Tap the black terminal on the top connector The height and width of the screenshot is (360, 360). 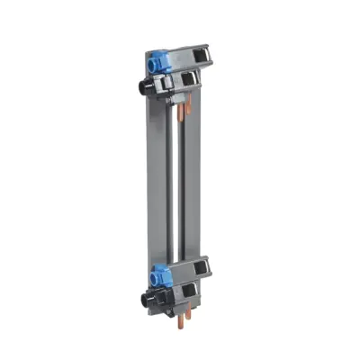click(x=145, y=89)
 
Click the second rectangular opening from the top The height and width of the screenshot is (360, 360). click(x=185, y=81)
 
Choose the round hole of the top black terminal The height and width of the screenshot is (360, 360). click(x=138, y=91)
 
